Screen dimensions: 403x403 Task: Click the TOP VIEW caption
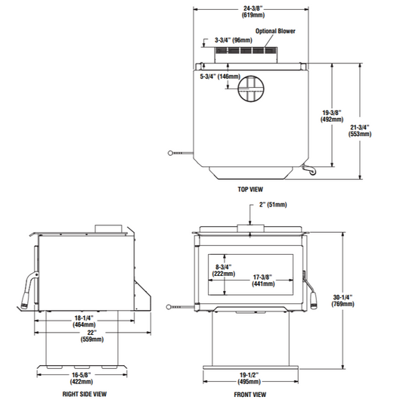(x=250, y=190)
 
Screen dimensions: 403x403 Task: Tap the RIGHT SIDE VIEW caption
(x=84, y=394)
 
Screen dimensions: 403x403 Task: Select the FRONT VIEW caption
(x=250, y=394)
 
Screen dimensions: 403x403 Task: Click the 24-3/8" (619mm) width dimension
(x=253, y=12)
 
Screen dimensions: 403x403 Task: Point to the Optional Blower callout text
(x=275, y=31)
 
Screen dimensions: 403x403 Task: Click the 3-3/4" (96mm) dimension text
(x=234, y=40)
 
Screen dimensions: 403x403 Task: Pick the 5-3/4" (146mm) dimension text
(x=220, y=76)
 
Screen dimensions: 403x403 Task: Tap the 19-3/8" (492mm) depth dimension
(x=332, y=116)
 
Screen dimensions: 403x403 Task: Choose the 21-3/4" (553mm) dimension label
(x=360, y=131)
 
